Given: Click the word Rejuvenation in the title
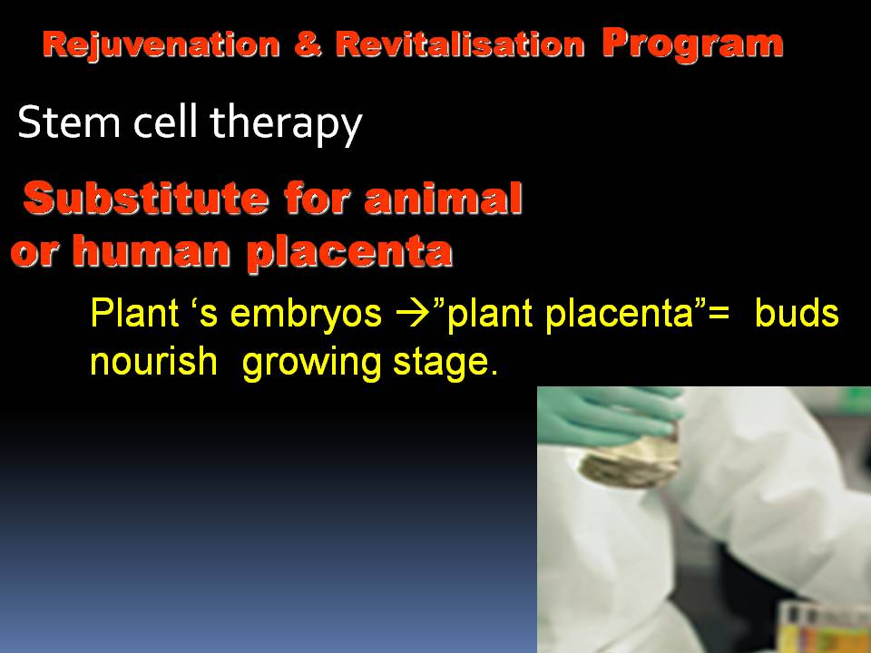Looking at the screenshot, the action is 161,45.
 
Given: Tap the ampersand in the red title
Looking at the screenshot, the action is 308,44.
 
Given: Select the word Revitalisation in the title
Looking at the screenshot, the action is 460,44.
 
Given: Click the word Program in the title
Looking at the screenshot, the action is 692,44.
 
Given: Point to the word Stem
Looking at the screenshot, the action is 69,122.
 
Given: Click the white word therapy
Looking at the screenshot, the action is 286,125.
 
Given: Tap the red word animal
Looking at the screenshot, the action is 444,198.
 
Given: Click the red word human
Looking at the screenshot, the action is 152,251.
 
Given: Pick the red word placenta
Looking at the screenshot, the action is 349,253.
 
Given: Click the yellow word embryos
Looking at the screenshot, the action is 306,315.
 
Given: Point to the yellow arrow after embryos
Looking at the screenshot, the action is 414,314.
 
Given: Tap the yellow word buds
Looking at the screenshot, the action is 797,313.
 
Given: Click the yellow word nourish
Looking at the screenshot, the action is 153,361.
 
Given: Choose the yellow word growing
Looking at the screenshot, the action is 311,363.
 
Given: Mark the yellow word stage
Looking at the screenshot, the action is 445,364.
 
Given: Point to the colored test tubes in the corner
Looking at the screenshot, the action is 825,628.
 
